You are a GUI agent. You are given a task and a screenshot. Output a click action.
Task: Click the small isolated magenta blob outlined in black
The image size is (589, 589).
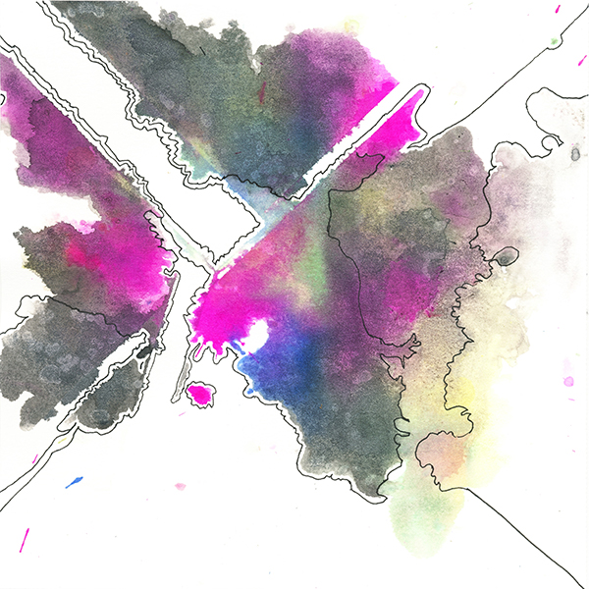pyautogui.click(x=201, y=394)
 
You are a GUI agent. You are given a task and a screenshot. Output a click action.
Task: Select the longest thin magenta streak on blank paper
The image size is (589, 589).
pyautogui.click(x=25, y=539)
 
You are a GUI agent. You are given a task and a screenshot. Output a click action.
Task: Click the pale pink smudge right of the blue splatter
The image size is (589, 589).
pyautogui.click(x=180, y=485)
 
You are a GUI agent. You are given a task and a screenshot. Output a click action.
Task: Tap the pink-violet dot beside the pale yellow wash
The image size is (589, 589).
pyautogui.click(x=567, y=380)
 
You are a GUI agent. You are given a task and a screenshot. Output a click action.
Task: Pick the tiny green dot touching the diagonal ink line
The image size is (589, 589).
pyautogui.click(x=555, y=41)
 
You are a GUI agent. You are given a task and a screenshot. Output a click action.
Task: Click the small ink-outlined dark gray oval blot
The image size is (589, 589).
pyautogui.click(x=505, y=257)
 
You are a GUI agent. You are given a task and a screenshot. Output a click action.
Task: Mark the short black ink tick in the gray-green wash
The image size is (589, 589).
pyautogui.click(x=202, y=49)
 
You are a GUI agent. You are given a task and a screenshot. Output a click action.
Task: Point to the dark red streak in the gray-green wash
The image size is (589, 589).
pyautogui.click(x=262, y=92)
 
